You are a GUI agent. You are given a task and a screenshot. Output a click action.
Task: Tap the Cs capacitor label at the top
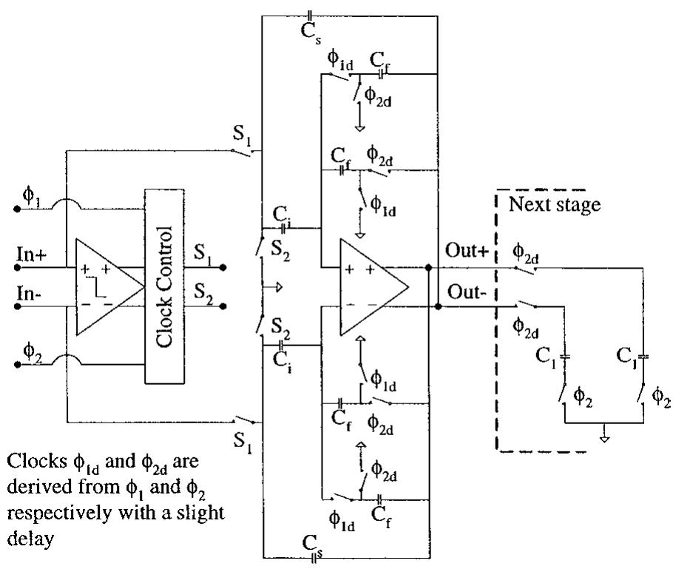(311, 32)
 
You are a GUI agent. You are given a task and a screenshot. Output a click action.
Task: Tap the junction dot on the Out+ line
(428, 268)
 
